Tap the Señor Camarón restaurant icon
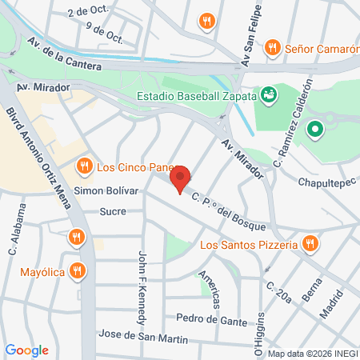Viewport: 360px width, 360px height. tap(272, 48)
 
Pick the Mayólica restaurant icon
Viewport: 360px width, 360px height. tap(77, 270)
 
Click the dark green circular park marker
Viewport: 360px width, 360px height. tap(315, 127)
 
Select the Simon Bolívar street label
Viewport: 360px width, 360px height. tap(106, 191)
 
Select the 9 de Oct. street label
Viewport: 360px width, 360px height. tap(104, 36)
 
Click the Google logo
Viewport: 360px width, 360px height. tap(26, 350)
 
